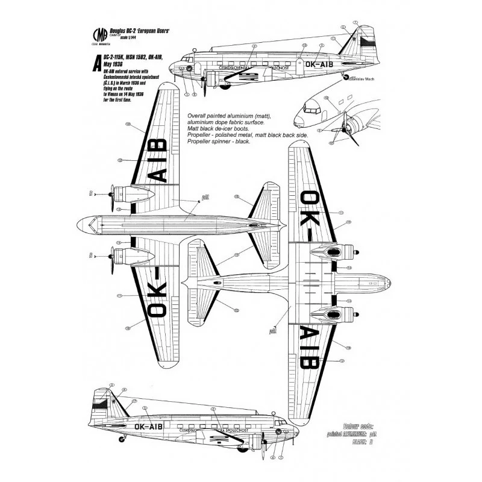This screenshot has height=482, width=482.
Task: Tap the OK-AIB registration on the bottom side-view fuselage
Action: [148, 426]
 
